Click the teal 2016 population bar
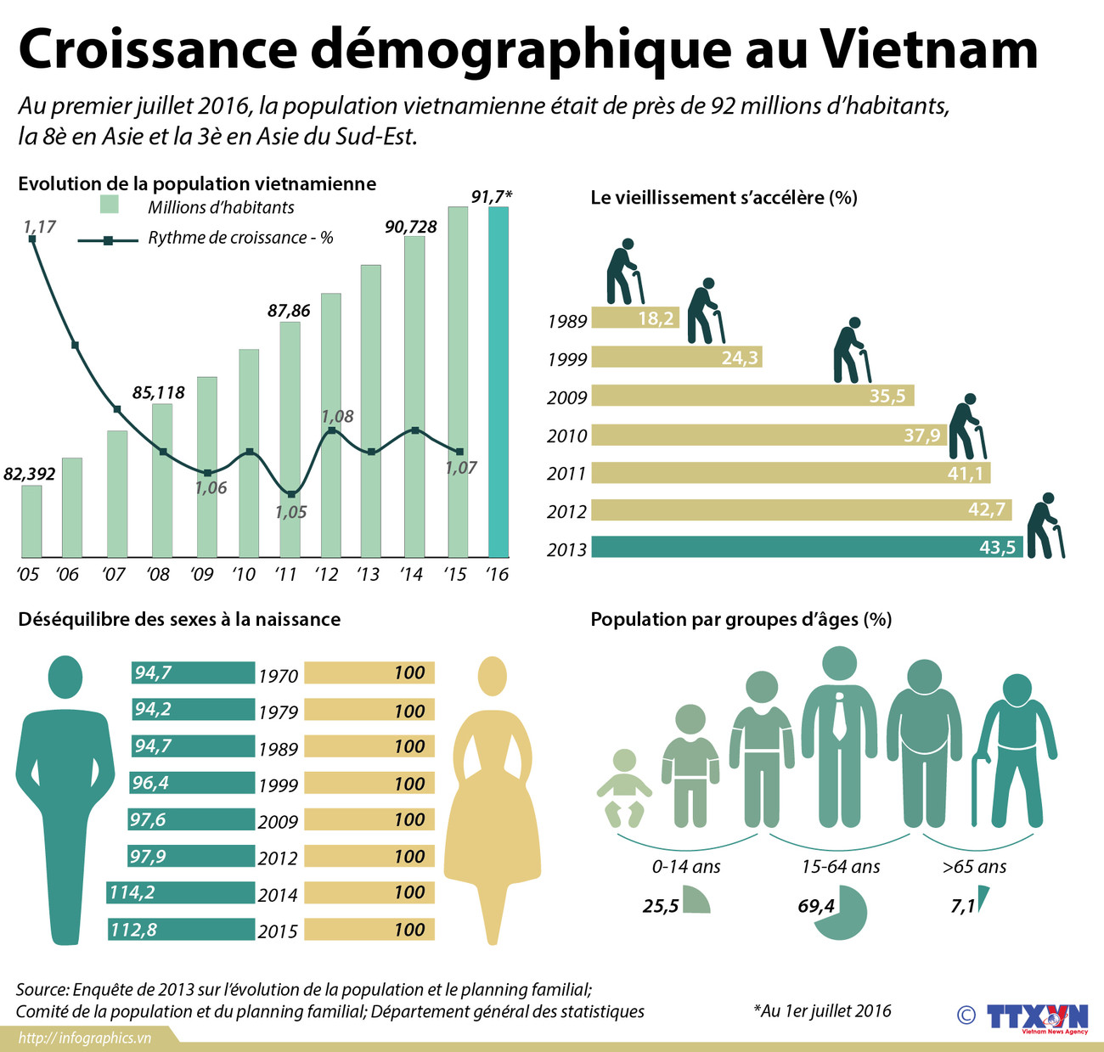coord(498,382)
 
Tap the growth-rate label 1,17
coord(39,227)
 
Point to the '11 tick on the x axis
coord(285,575)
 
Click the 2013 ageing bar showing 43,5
coord(807,547)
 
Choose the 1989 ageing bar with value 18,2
coord(634,318)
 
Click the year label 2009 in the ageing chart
coord(566,397)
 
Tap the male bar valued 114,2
coord(181,892)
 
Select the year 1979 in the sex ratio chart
coord(279,712)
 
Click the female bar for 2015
coord(369,930)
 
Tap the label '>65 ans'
coord(974,867)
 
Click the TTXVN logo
coord(1036,1017)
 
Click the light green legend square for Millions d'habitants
coord(109,205)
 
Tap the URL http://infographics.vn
coord(85,1038)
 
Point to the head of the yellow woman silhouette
coord(491,677)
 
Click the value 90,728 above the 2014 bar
coord(411,227)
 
